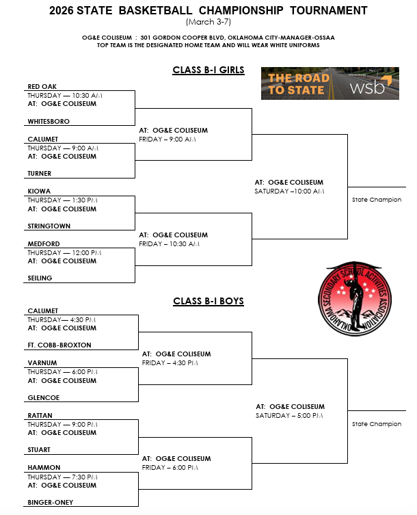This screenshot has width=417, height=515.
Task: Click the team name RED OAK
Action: coord(42,87)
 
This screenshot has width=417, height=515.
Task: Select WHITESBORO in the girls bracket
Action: coord(49,121)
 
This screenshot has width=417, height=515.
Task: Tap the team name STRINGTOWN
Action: coord(49,226)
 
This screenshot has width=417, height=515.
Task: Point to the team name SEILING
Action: coord(40,278)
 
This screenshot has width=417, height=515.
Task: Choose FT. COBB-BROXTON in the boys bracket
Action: coord(59,345)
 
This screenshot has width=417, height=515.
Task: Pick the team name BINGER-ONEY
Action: coord(51,502)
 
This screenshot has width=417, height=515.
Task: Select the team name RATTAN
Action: coord(40,415)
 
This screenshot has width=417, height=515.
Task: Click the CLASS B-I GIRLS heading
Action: coord(209,70)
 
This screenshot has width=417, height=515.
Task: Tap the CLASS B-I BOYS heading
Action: coord(209,301)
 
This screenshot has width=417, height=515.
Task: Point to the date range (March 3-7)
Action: coord(209,22)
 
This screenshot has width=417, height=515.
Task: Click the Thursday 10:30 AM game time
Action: coord(65,95)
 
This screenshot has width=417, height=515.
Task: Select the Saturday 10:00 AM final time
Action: coord(289,192)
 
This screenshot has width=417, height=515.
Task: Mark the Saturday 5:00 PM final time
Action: coord(291,416)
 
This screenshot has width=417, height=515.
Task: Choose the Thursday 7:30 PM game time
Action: coord(65,477)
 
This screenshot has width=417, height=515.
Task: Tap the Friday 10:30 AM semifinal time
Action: coord(169,243)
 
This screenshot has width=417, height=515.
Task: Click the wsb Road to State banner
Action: coord(330,83)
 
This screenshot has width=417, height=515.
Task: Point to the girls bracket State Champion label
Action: coord(377,200)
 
